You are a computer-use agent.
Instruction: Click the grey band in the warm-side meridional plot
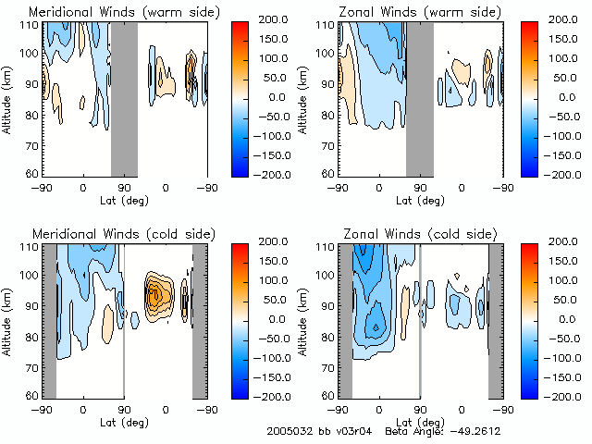124,97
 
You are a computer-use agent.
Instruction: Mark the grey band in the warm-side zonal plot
419,97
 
